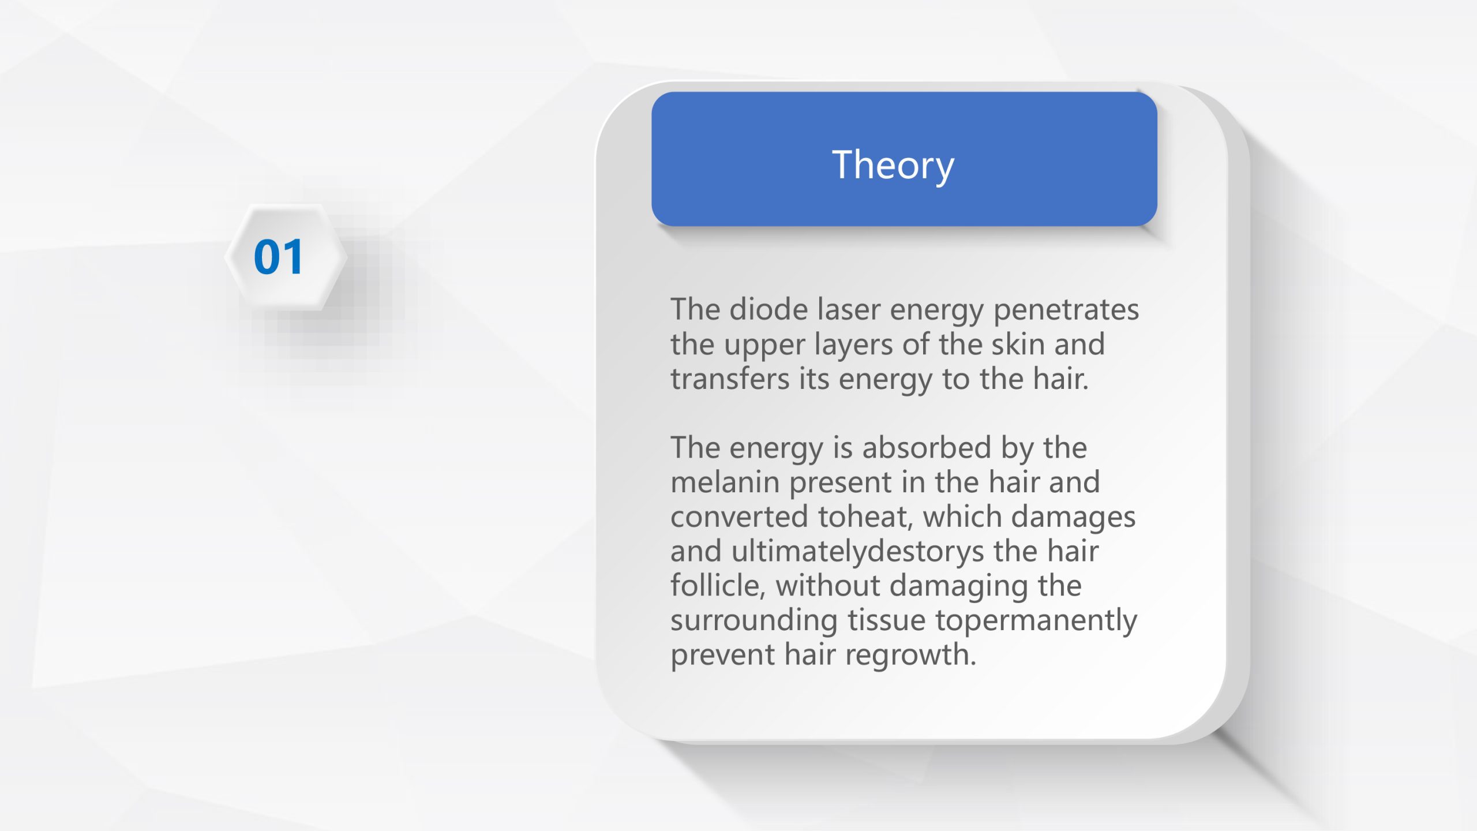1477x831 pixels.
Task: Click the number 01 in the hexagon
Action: tap(278, 257)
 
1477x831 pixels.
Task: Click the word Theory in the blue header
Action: tap(893, 166)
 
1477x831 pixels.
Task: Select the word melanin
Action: tap(725, 482)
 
